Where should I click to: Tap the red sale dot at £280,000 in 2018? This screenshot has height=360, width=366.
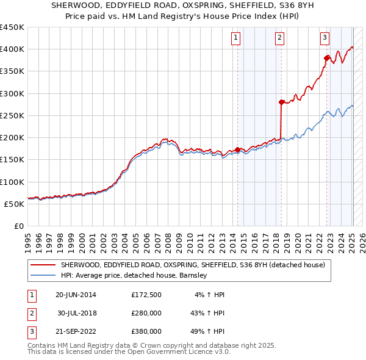[281, 103]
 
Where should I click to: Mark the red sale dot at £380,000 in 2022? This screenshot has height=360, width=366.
[326, 59]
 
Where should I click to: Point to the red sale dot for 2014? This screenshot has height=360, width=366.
[237, 149]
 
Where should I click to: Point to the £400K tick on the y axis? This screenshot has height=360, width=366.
[12, 49]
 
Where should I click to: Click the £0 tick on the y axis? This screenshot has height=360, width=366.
[19, 226]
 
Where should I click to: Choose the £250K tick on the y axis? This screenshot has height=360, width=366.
[12, 115]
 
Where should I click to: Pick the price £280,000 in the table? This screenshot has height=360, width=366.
[146, 313]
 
